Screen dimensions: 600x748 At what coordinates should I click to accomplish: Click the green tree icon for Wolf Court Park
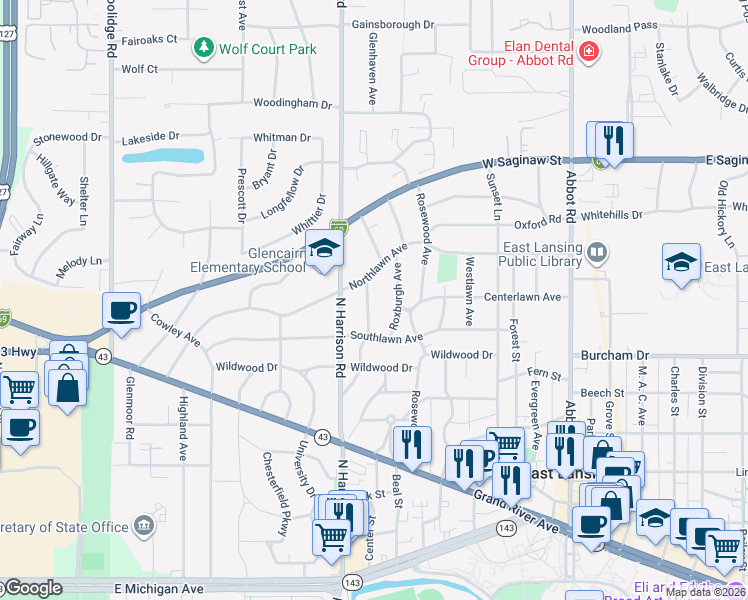click(x=204, y=47)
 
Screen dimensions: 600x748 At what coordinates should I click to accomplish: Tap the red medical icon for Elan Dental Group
click(x=589, y=51)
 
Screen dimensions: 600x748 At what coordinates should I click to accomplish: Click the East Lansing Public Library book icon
click(x=597, y=251)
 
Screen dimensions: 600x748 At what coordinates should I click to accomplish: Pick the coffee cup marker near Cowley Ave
click(x=121, y=311)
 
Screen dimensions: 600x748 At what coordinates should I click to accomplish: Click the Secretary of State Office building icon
click(x=145, y=525)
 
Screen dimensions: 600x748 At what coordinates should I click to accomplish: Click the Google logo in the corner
click(x=32, y=588)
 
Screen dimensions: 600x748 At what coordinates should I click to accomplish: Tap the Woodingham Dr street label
click(x=291, y=103)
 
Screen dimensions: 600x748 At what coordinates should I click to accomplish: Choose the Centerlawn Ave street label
click(x=522, y=297)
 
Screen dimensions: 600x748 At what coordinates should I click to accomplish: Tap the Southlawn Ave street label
click(x=386, y=338)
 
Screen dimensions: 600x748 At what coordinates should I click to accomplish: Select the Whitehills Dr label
click(x=608, y=215)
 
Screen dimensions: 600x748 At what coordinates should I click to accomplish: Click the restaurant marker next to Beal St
click(x=411, y=445)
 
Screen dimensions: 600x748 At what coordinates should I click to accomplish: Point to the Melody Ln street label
click(x=80, y=260)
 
